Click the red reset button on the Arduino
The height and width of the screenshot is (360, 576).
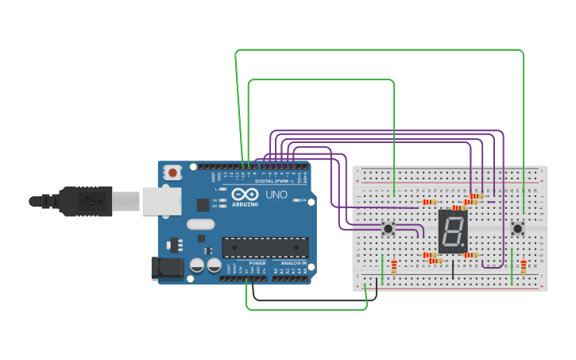172,172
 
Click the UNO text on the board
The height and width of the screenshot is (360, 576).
276,195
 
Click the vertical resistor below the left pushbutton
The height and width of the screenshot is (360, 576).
394,266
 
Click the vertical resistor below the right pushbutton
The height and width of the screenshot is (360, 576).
523,266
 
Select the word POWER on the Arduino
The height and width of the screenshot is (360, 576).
257,263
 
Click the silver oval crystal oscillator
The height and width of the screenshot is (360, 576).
201,224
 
